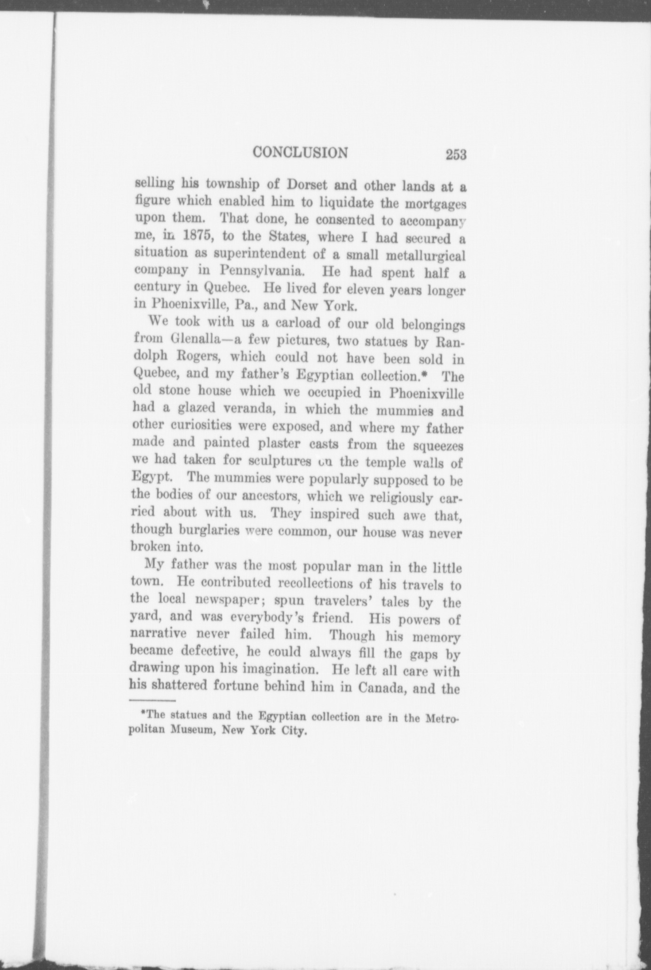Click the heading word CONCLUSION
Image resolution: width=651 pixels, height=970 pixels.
(x=300, y=153)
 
